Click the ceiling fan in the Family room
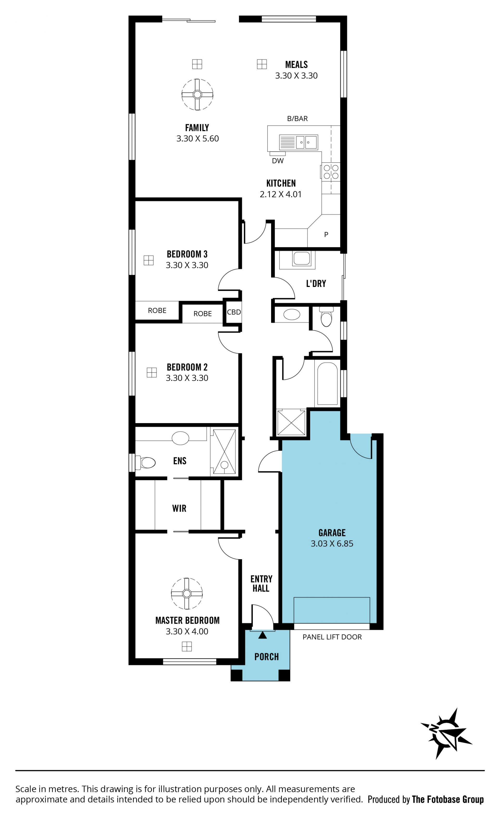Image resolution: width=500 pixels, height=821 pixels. [x=197, y=95]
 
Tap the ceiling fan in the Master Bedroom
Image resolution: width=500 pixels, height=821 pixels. [x=187, y=593]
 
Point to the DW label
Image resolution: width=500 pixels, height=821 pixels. [x=278, y=161]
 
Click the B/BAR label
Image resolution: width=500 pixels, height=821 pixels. [x=297, y=119]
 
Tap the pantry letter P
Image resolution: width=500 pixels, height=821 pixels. [x=326, y=235]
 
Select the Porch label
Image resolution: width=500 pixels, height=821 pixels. [x=266, y=657]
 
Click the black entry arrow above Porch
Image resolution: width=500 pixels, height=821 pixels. [x=263, y=635]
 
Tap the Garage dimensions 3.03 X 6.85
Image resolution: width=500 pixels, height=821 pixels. [x=332, y=543]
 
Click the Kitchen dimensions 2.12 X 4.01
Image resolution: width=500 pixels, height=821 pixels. [x=281, y=194]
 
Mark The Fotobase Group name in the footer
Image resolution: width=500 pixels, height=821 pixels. [x=448, y=799]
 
